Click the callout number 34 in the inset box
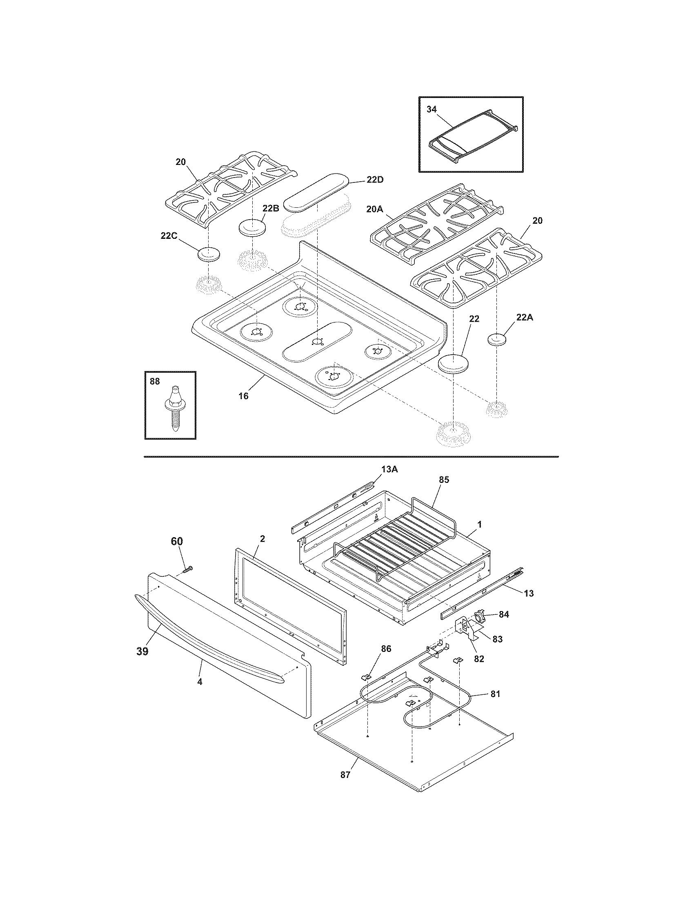point(431,109)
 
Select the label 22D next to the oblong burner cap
point(375,180)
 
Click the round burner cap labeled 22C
point(209,255)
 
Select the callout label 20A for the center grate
point(374,209)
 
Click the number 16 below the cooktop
point(243,396)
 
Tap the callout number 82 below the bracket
point(479,659)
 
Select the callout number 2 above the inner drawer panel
point(263,539)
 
